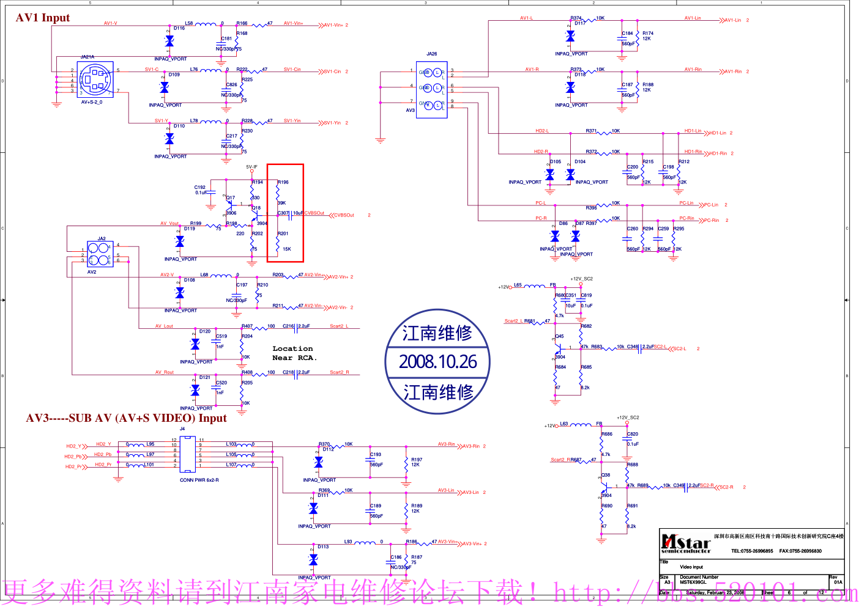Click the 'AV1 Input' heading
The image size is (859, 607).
43,18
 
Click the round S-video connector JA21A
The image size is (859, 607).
95,79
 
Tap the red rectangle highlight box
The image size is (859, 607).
285,213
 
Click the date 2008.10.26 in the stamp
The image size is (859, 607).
437,362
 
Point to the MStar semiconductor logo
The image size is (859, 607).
686,543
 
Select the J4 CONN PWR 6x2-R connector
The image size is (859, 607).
188,454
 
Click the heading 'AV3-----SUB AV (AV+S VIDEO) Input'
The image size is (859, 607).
126,418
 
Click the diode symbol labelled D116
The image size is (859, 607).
169,41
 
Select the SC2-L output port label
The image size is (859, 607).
680,349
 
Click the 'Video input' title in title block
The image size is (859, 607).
691,567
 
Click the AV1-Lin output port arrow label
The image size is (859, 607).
733,20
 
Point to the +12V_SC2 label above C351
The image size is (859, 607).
581,279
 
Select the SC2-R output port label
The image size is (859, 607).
726,487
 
